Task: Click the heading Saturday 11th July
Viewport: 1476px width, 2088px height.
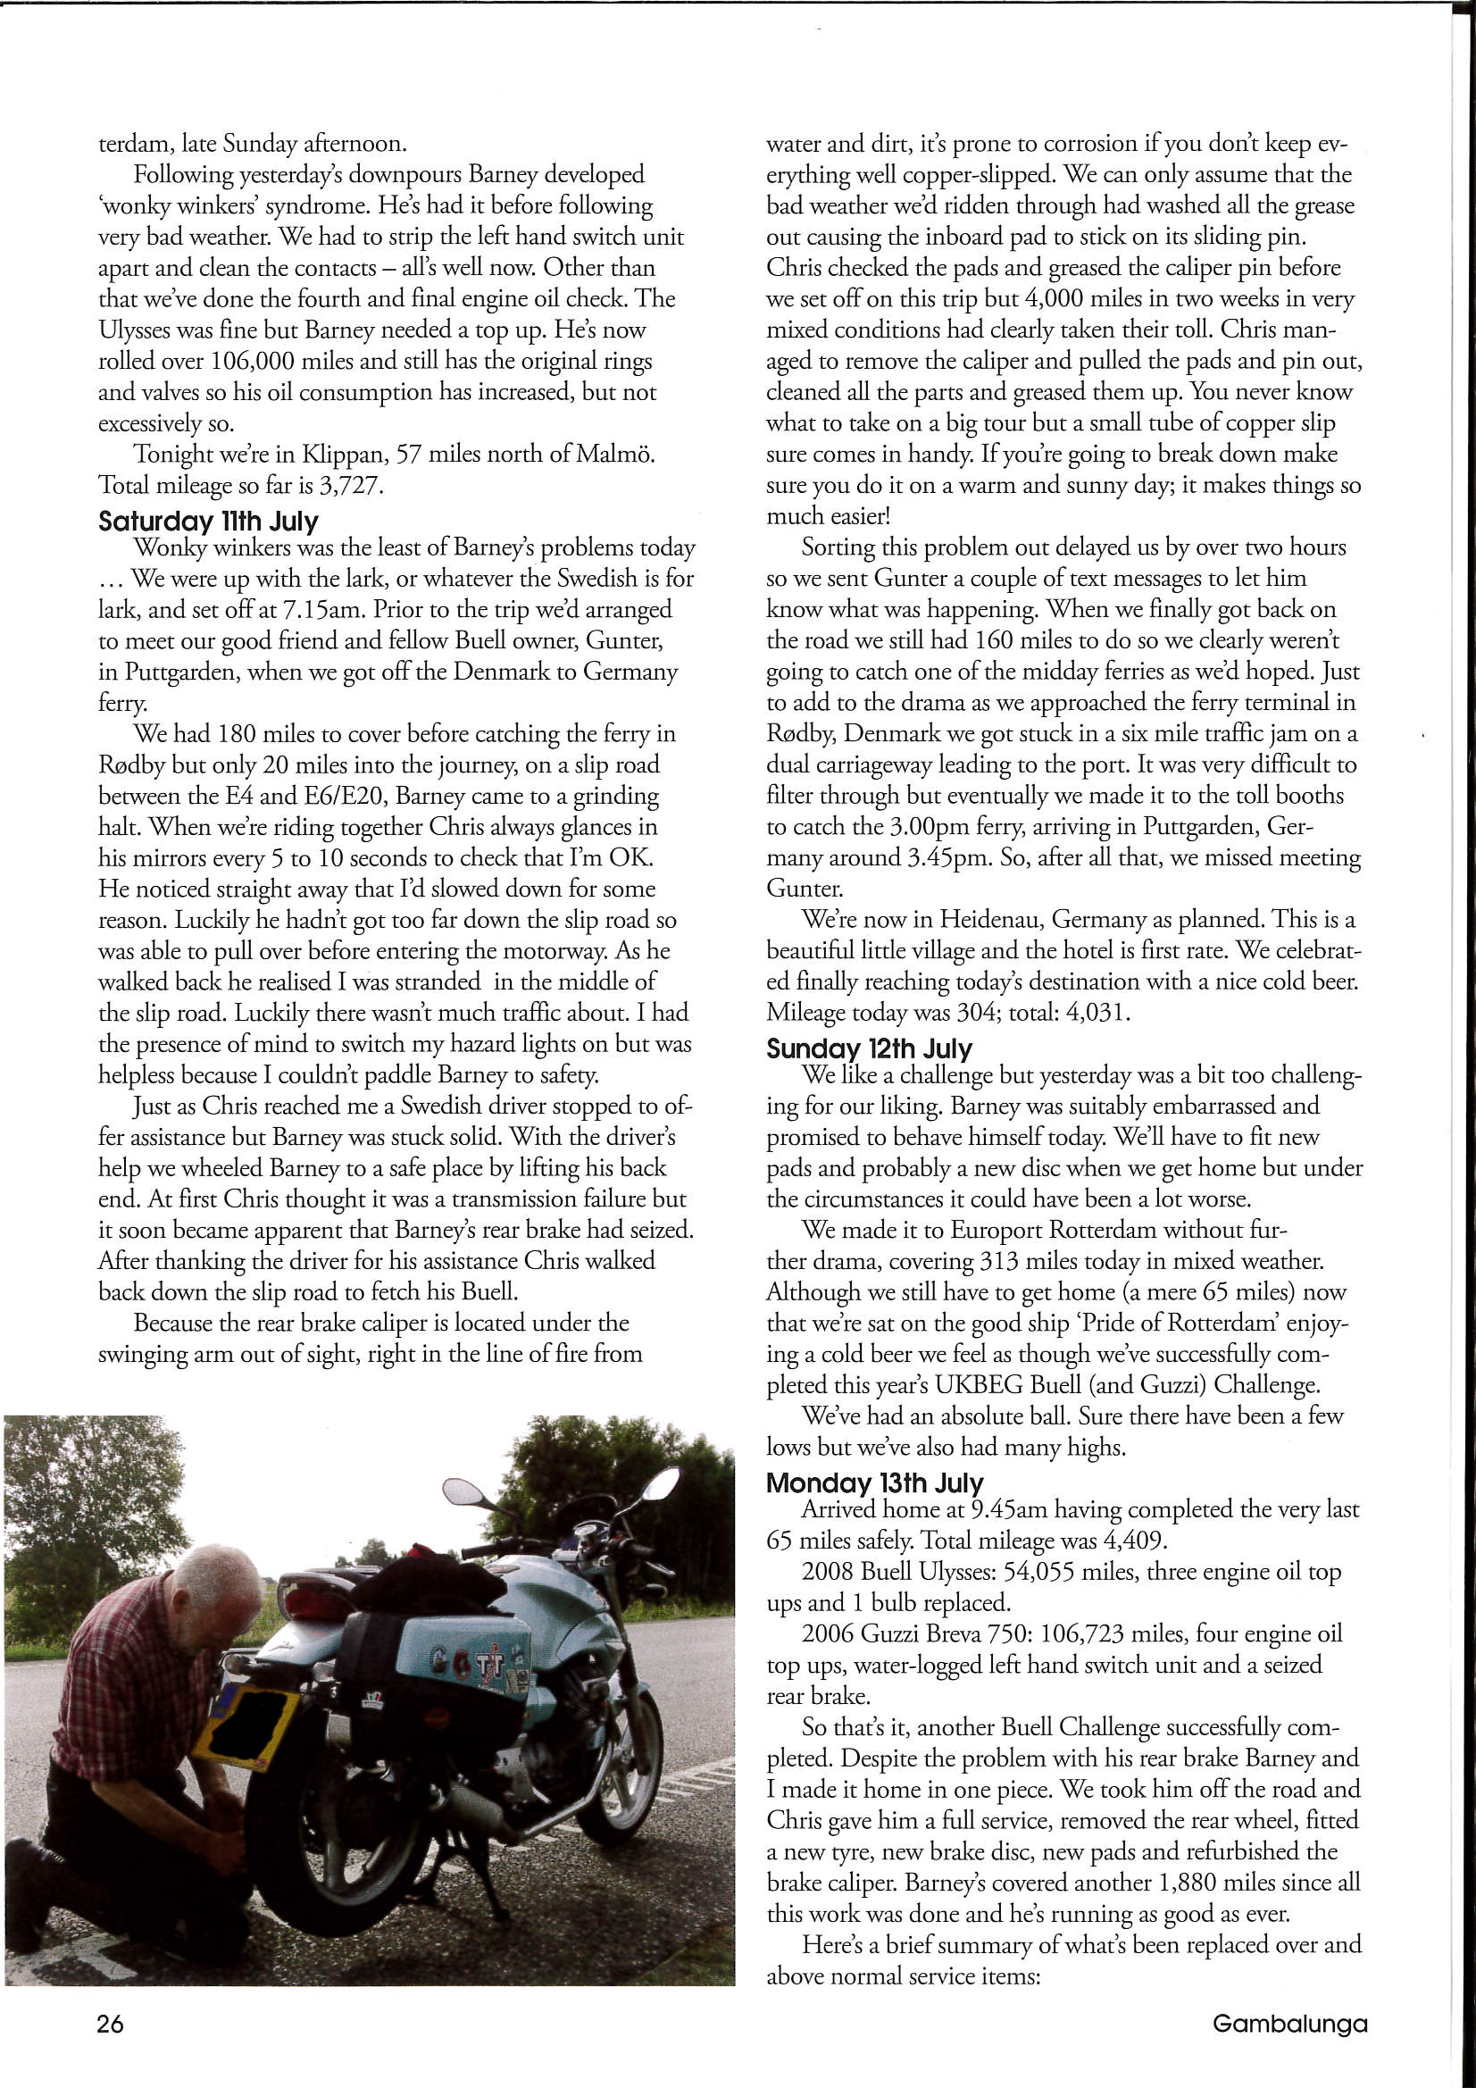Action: click(208, 521)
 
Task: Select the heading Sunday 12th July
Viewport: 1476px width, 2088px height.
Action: click(869, 1048)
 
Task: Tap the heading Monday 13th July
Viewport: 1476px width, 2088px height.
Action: click(874, 1483)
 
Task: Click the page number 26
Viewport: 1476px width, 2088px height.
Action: click(110, 2024)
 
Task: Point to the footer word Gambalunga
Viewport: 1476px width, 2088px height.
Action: click(1288, 2024)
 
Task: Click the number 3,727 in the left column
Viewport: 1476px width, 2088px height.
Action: click(348, 486)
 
